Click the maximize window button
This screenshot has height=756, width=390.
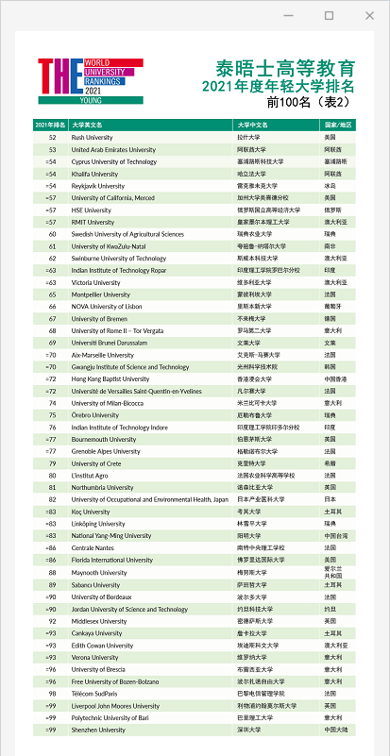click(329, 16)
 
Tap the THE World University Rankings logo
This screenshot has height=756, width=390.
click(90, 81)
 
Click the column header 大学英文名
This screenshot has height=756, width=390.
click(87, 126)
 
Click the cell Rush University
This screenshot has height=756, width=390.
click(92, 138)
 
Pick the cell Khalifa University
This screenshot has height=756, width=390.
click(94, 174)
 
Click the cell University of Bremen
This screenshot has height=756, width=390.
click(101, 319)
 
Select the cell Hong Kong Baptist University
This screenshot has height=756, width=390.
click(110, 379)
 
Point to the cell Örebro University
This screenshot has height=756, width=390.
click(96, 415)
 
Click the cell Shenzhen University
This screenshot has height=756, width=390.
click(98, 730)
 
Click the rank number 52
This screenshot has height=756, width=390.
click(52, 138)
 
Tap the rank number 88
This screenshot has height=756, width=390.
click(52, 572)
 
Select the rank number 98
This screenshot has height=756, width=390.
click(52, 693)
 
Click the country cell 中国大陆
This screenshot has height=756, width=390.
click(336, 730)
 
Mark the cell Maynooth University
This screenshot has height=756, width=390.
click(99, 572)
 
